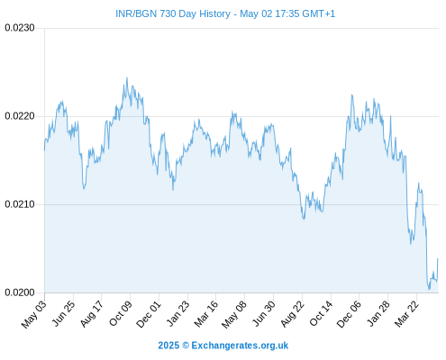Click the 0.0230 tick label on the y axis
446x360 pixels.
pos(20,28)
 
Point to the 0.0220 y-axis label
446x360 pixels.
pos(20,116)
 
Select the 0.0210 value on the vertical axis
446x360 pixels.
pos(20,204)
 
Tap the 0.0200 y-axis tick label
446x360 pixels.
pos(20,292)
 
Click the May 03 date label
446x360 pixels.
pos(34,314)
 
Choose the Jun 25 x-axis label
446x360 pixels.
pos(63,313)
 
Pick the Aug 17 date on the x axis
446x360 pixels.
pos(92,313)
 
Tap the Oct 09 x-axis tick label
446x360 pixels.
pos(120,313)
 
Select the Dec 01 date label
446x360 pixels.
pos(149,314)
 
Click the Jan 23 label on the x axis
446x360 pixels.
pos(177,313)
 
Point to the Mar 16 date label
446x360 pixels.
pos(205,313)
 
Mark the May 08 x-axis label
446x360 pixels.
pos(233,314)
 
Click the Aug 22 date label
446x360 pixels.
pos(293,313)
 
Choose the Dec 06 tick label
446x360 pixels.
pos(349,314)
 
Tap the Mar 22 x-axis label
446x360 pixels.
pos(406,313)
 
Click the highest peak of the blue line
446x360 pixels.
pos(127,77)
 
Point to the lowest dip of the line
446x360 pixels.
pos(429,290)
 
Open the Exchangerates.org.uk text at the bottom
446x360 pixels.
pos(240,346)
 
